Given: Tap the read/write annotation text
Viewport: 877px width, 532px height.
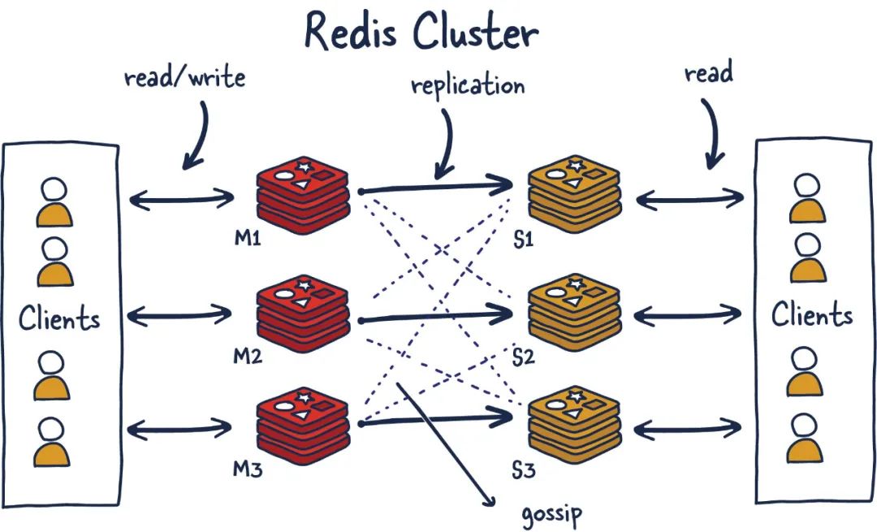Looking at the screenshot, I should tap(184, 78).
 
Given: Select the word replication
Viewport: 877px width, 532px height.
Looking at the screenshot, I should tap(468, 85).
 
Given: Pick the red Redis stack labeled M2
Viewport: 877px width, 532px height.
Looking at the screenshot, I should tap(303, 313).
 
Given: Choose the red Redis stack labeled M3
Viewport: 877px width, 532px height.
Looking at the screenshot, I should tap(303, 424).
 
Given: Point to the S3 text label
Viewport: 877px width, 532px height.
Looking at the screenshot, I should tap(524, 469).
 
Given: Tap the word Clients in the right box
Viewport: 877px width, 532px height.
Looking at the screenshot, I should tap(812, 314).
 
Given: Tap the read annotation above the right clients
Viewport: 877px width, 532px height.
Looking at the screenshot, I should tap(708, 73).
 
